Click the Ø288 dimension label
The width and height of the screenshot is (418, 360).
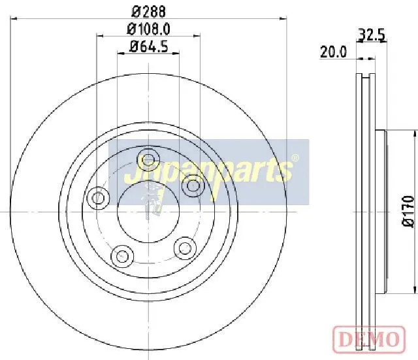click(148, 12)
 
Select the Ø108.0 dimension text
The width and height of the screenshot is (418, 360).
click(148, 29)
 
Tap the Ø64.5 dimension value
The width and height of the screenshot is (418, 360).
click(148, 47)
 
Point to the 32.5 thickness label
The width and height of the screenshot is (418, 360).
click(372, 35)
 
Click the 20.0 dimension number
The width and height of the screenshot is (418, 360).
click(333, 52)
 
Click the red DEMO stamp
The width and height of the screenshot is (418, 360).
click(369, 339)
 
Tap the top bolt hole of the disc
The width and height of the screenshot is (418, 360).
click(148, 160)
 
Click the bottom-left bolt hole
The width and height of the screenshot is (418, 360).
click(122, 256)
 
